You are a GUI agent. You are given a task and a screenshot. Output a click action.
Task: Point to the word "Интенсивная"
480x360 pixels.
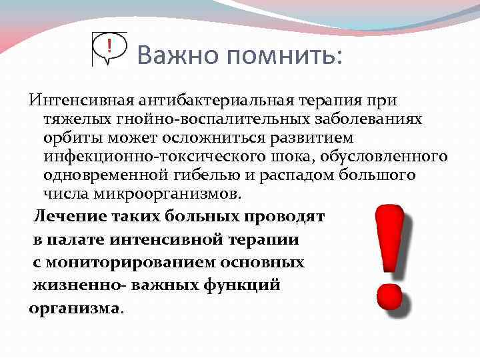tap(80, 101)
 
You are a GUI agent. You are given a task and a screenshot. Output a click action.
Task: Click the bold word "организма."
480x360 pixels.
tap(77, 309)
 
